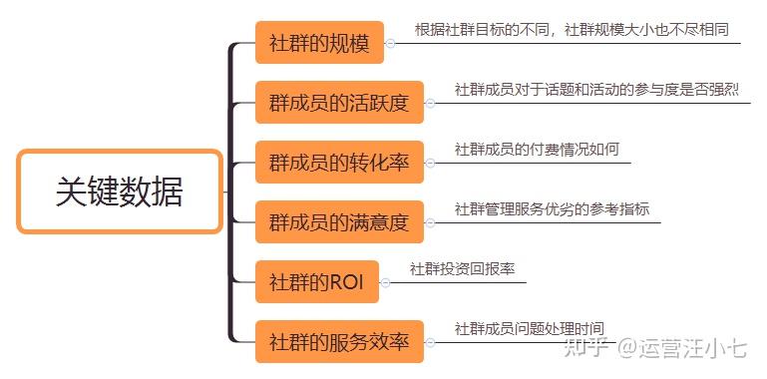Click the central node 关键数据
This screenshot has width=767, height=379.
tap(120, 191)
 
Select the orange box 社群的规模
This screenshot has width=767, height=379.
tap(319, 44)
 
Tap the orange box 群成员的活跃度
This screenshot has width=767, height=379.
tap(339, 103)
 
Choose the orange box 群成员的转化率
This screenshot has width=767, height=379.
tap(339, 163)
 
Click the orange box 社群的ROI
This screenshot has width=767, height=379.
tap(317, 282)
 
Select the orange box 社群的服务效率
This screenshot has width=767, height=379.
tap(339, 341)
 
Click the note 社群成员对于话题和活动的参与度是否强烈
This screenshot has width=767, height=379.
tap(596, 90)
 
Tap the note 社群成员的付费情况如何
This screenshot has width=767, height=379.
tap(537, 150)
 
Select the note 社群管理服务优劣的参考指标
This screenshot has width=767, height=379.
tap(552, 209)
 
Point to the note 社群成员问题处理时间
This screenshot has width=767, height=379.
tap(529, 328)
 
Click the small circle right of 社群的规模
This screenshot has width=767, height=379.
tap(390, 43)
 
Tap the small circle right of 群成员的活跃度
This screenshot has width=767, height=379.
tap(430, 103)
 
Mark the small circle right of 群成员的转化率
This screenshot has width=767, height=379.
tap(430, 163)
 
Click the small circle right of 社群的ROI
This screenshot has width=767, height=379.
tap(385, 282)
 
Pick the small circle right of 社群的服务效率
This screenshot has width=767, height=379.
tap(430, 341)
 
